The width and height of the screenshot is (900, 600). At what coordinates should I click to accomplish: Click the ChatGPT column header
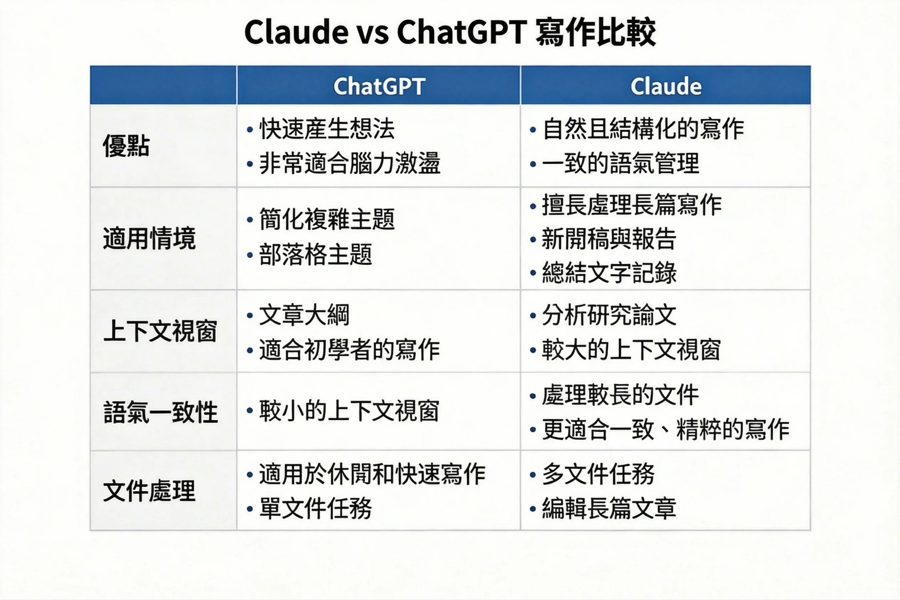[379, 86]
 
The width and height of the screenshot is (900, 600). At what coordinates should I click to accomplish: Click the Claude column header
[666, 86]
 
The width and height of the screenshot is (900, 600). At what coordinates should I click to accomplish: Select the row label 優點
[126, 146]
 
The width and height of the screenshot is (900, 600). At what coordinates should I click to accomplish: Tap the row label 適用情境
[149, 238]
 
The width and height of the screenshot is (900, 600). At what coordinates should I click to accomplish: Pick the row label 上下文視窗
[160, 331]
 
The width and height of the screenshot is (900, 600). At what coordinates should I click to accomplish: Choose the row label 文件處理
[149, 490]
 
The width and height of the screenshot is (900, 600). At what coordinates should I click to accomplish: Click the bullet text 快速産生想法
[326, 128]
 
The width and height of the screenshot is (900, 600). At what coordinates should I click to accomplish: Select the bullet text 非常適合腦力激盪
[350, 163]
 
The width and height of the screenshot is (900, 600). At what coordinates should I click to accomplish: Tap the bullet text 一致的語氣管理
[621, 163]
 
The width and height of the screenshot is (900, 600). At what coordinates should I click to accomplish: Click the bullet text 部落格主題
[315, 254]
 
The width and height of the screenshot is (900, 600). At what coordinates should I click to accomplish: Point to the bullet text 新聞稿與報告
[609, 239]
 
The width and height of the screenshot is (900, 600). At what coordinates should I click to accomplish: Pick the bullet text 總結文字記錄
[609, 273]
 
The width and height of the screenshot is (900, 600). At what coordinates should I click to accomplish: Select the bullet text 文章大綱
[304, 315]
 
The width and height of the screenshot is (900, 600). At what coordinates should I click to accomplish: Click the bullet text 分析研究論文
[609, 315]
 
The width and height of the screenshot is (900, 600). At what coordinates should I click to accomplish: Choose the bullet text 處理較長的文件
[620, 395]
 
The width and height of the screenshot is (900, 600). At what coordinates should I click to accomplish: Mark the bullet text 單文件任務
[315, 508]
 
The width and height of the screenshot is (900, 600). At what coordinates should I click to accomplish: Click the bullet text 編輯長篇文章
[609, 508]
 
